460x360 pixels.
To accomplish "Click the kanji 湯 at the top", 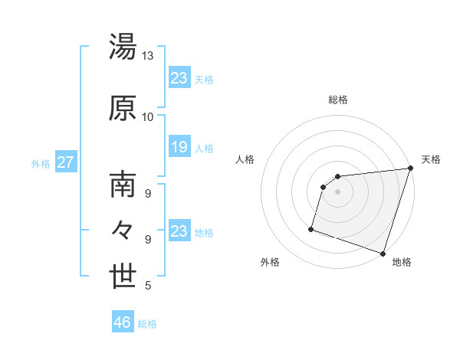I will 123,47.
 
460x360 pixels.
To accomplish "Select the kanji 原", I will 123,108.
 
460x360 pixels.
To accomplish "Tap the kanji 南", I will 123,185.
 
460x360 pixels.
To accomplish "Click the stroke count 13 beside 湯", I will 148,56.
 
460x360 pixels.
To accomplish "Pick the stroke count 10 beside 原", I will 148,116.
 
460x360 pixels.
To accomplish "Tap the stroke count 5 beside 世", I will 148,286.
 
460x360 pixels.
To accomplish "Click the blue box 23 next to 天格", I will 179,78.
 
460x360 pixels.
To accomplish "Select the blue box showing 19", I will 179,147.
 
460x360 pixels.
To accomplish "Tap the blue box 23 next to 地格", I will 179,231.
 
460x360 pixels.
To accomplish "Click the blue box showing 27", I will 65,162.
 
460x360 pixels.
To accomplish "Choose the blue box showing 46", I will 123,322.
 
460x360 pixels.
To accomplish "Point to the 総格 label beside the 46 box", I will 147,324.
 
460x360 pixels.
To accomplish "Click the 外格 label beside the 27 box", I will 41,163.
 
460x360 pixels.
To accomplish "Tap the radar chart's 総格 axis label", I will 337,100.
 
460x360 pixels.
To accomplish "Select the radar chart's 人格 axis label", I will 245,159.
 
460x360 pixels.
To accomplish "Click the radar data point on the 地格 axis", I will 383,253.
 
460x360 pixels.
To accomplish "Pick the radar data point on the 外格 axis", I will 311,228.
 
